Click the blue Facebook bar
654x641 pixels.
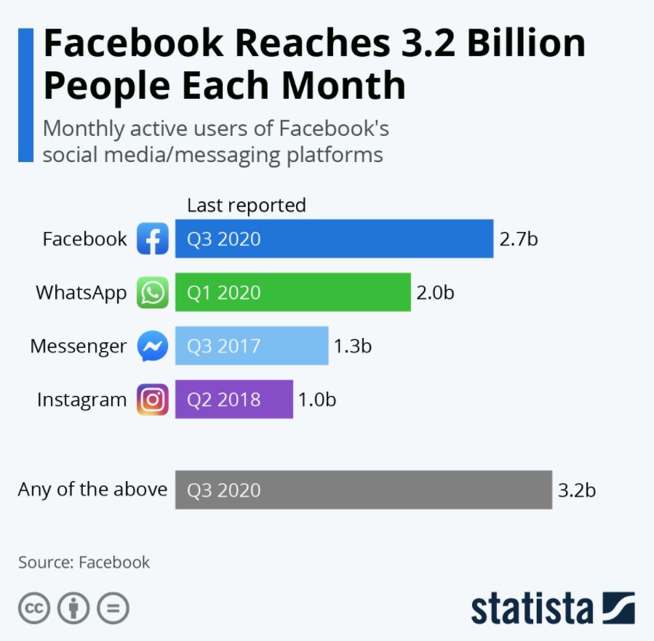[334, 238]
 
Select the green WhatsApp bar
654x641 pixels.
[292, 292]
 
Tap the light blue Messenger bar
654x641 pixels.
[252, 346]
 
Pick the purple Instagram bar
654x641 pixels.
[234, 400]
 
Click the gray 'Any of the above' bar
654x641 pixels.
[363, 490]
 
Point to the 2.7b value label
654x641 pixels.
[519, 238]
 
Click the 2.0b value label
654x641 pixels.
[435, 292]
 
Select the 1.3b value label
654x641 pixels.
[353, 346]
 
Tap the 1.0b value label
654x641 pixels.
[317, 400]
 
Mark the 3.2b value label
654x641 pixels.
[577, 490]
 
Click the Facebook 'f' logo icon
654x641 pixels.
[153, 238]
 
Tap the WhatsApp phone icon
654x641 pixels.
[153, 292]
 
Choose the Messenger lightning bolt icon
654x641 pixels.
[153, 347]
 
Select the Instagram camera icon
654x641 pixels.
[153, 400]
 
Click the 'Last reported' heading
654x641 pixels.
[247, 206]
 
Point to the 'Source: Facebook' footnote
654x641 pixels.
[84, 562]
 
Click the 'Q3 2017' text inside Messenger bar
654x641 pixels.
[224, 346]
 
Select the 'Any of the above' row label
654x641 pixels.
[92, 489]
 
